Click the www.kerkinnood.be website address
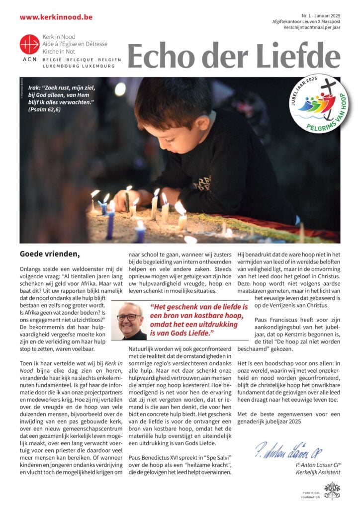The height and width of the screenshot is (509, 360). tap(56, 16)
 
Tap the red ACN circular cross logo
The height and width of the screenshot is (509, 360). tap(29, 44)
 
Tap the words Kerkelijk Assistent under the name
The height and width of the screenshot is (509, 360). tap(316, 472)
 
